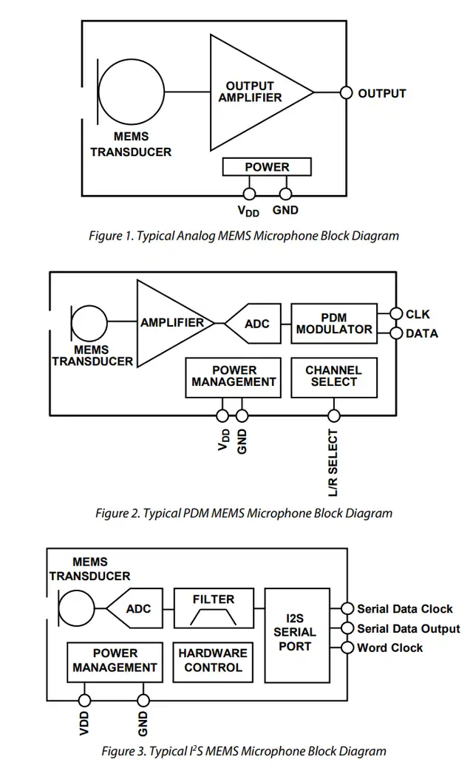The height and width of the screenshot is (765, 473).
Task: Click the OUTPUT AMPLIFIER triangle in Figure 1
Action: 251,92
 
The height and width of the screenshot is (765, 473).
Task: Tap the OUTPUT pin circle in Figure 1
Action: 345,93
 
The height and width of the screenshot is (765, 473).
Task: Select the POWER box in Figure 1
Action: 267,167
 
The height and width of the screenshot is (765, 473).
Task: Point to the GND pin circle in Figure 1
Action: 285,194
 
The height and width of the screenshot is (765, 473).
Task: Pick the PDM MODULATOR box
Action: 333,323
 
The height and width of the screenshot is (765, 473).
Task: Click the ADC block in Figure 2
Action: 253,324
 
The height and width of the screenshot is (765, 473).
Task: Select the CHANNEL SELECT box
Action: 333,377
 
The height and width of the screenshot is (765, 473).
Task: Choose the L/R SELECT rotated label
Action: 333,463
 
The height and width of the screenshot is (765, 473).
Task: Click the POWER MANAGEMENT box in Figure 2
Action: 233,377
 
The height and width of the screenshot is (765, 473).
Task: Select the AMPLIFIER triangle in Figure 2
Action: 171,323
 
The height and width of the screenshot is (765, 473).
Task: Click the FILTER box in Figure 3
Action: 213,608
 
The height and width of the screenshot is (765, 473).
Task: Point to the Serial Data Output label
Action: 408,629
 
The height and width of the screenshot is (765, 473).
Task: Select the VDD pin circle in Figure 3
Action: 85,700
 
